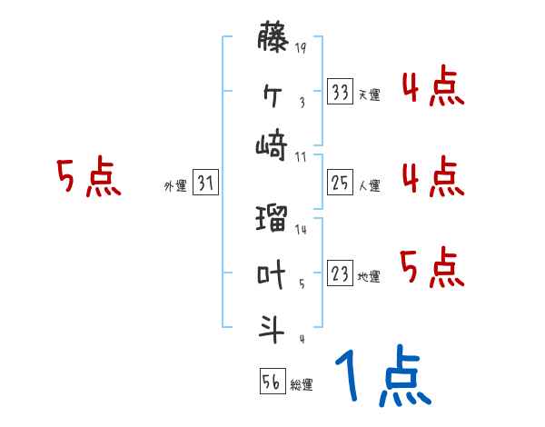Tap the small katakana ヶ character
point(272,94)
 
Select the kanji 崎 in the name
point(272,144)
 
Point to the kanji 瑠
point(272,222)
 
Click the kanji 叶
point(272,274)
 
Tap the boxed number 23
point(340,274)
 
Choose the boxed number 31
point(206,184)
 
